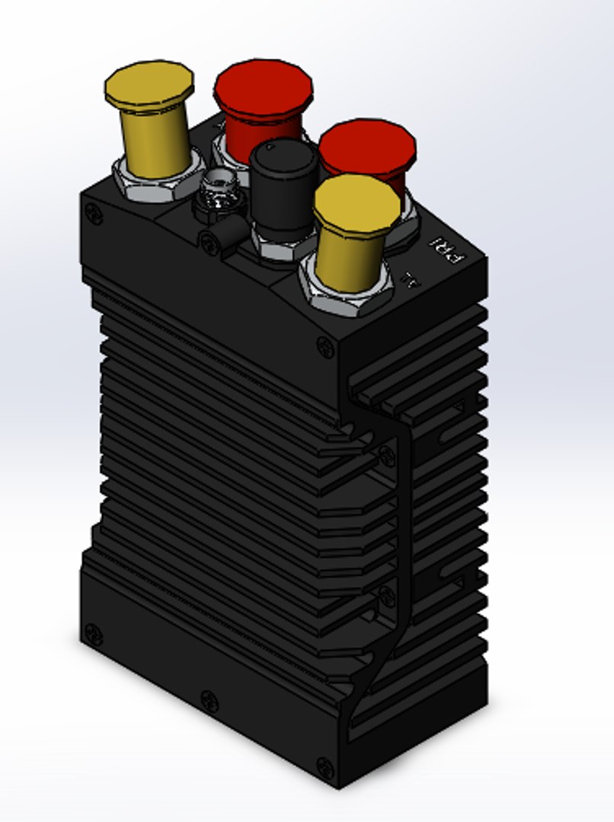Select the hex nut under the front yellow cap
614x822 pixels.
(347, 293)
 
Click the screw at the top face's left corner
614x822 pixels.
(94, 215)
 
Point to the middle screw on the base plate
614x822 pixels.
(209, 701)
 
